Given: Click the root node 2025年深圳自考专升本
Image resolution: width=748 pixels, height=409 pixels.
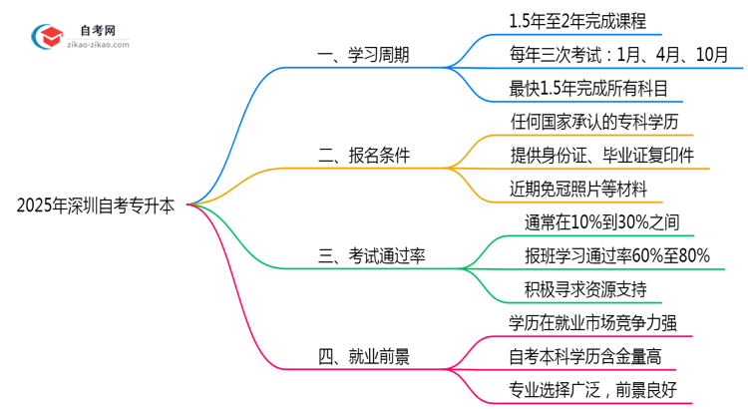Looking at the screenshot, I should tap(96, 206).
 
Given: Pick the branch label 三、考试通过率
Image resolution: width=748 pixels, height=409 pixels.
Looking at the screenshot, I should tap(372, 256).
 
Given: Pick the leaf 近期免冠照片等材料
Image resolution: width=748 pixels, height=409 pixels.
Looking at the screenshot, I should tap(578, 188).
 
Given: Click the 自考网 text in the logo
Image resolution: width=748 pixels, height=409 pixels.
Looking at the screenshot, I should tap(96, 31).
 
